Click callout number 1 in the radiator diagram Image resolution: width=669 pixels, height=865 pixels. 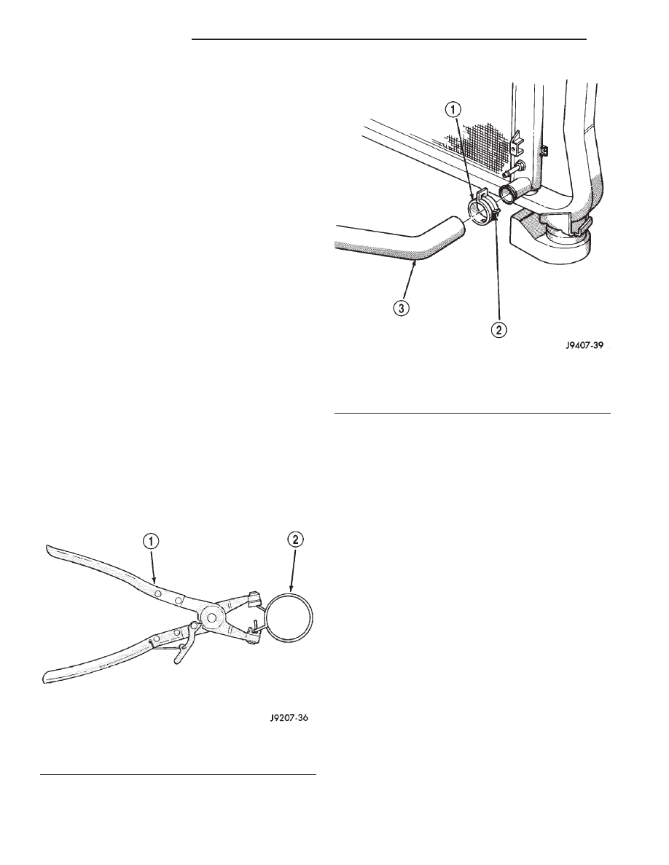pyautogui.click(x=452, y=111)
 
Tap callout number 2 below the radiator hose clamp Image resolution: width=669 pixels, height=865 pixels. pyautogui.click(x=497, y=331)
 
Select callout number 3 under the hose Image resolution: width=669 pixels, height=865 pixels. pyautogui.click(x=402, y=309)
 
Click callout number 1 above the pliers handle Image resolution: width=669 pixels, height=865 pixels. pyautogui.click(x=152, y=542)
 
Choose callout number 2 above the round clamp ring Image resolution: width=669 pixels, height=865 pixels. pyautogui.click(x=296, y=540)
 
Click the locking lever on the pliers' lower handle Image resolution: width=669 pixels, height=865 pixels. pyautogui.click(x=183, y=645)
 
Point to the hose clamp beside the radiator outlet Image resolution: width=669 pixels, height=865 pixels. pyautogui.click(x=484, y=210)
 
